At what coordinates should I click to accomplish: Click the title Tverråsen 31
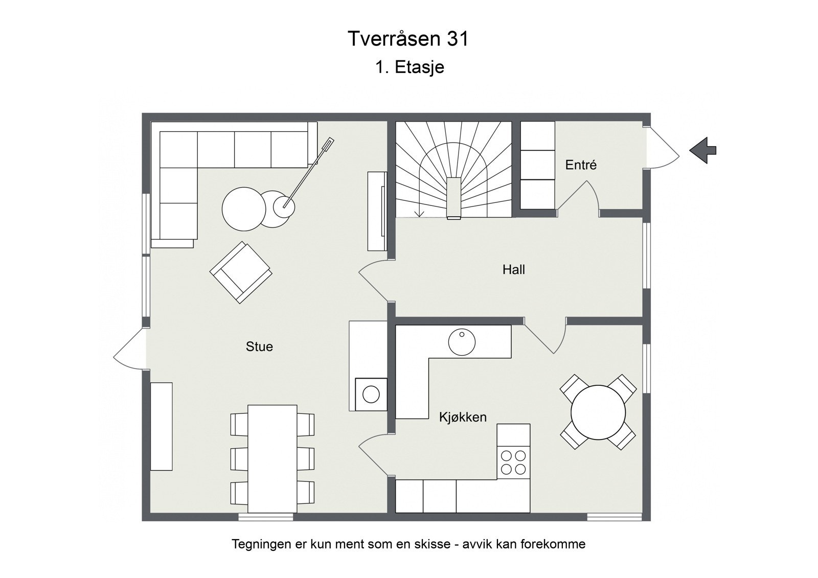[408, 39]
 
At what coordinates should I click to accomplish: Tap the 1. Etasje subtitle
[410, 67]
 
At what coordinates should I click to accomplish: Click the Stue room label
[259, 346]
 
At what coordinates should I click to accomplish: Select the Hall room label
[513, 269]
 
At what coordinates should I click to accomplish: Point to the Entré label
[581, 165]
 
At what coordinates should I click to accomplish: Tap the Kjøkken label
[463, 417]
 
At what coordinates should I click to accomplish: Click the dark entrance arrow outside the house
[703, 150]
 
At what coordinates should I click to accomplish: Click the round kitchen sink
[462, 341]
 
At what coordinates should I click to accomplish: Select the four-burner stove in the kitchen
[513, 461]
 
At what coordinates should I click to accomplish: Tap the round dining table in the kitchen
[598, 412]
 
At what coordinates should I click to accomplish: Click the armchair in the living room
[240, 272]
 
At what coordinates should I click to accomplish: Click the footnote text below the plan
[408, 544]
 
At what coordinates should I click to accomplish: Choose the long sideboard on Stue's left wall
[161, 426]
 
